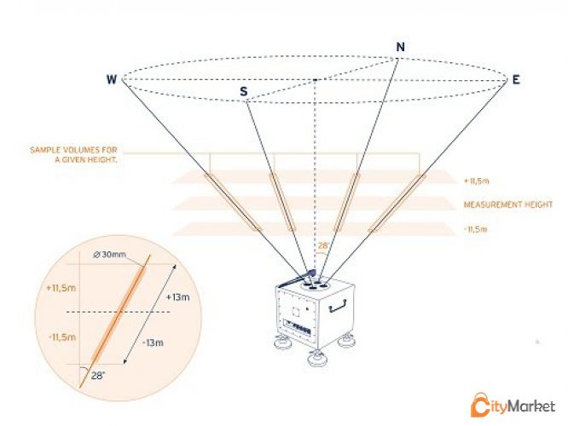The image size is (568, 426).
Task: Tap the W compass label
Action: click(112, 80)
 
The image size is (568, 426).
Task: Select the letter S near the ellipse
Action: click(245, 91)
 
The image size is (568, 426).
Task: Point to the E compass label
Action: click(516, 80)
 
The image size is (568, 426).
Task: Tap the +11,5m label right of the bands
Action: click(476, 180)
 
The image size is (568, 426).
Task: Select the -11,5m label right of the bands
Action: click(475, 229)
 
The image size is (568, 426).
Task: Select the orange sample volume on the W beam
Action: click(232, 203)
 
